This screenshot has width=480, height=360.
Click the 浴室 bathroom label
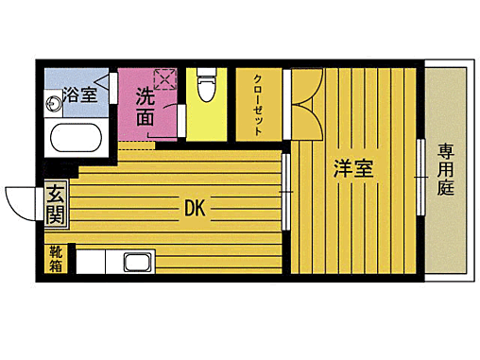click(x=80, y=94)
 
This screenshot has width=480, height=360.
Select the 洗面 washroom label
click(x=145, y=106)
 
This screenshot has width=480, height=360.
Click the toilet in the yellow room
click(x=205, y=87)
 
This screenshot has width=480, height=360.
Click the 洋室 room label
click(x=352, y=169)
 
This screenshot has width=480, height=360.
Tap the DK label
click(x=196, y=207)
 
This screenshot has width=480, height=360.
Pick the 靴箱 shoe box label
click(x=55, y=259)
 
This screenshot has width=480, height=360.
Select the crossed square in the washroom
click(x=166, y=78)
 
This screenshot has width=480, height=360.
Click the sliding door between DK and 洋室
click(x=285, y=194)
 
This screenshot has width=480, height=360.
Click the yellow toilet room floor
click(x=206, y=121)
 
